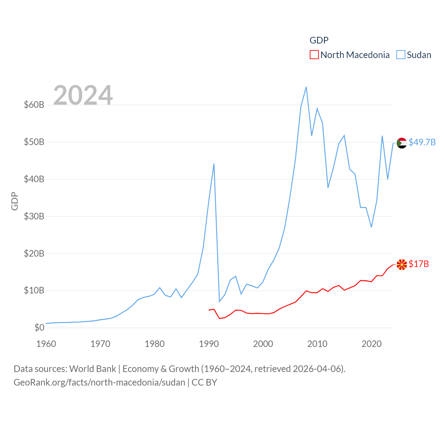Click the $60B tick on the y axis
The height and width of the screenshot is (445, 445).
pos(34,105)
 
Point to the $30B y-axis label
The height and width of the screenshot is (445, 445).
pos(34,216)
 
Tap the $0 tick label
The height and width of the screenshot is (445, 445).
pos(39,327)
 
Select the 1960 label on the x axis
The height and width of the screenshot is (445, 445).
pos(46,344)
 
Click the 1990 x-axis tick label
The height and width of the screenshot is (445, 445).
pos(209,344)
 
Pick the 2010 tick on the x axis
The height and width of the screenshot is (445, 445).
pos(317,344)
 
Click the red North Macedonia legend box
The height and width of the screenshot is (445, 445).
pos(314,55)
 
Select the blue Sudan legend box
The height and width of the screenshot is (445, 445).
pos(401,55)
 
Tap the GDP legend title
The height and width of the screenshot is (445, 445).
pos(319,40)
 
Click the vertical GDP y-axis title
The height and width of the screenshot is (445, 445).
pos(15,201)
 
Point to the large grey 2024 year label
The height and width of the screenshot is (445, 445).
pos(83,95)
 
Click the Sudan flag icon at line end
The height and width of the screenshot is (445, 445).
pos(402,143)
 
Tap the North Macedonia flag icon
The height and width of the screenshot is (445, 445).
pos(402,265)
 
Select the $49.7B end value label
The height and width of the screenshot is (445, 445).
pos(422,143)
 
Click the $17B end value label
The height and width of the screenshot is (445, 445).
pos(419,264)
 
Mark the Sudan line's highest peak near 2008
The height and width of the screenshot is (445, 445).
pos(306,87)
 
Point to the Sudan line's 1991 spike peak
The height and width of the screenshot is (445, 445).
pos(214,164)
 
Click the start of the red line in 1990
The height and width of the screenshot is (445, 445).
pos(209,310)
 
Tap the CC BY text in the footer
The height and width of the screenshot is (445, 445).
pos(204,382)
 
